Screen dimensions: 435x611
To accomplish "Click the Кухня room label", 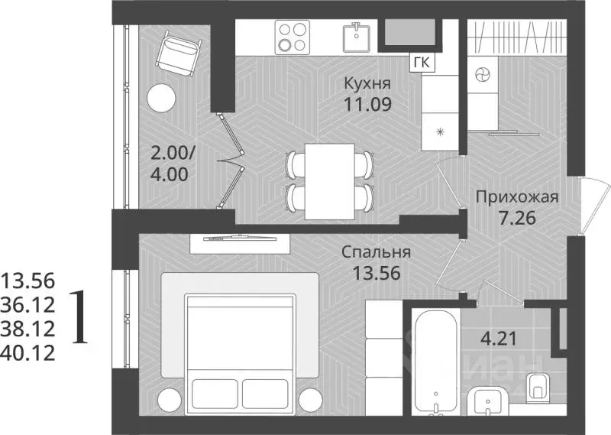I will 367,83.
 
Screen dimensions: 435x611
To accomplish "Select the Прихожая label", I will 517,197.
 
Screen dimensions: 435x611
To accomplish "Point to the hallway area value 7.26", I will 517,218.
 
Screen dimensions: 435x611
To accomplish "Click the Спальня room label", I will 377,252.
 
